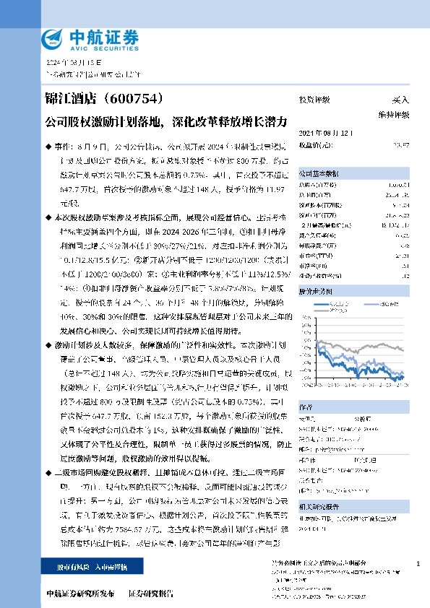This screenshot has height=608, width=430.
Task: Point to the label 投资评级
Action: [314, 100]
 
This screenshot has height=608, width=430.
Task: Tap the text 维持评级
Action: [393, 115]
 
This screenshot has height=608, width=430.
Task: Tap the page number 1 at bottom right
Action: [419, 563]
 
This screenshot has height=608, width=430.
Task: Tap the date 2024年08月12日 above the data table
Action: [325, 134]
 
